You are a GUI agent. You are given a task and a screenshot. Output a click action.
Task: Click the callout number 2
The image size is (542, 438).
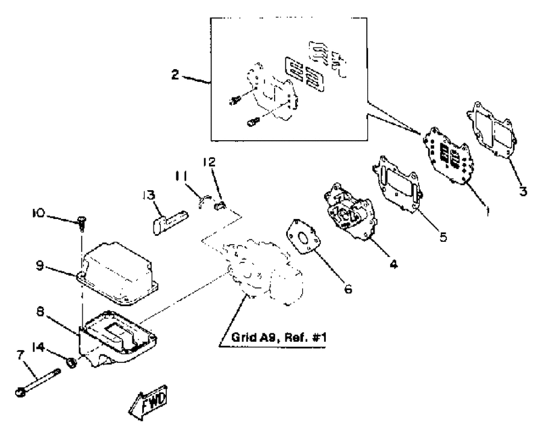coord(176,74)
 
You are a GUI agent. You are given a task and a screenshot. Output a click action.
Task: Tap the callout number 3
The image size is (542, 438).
coord(523,191)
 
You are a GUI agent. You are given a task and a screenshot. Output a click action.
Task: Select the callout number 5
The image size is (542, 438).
coord(443,237)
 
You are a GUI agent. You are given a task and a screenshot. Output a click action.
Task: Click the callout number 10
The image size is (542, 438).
coord(39,213)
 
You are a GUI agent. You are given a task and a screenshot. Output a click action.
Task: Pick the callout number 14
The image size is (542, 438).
coord(39,347)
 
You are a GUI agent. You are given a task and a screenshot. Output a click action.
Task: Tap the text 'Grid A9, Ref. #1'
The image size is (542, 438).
coord(279,337)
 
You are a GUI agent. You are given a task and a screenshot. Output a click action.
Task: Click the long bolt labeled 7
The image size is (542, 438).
coord(38,382)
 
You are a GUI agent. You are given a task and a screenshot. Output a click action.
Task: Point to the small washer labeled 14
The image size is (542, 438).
coord(72,363)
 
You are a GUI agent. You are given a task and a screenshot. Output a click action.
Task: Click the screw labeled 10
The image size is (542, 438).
coord(82,223)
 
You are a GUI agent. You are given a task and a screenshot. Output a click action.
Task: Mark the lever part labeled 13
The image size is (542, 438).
coord(170,222)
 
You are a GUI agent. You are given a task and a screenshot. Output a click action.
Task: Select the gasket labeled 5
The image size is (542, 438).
coord(397,185)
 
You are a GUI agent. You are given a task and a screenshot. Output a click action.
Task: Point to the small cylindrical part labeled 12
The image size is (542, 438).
coord(220,205)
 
